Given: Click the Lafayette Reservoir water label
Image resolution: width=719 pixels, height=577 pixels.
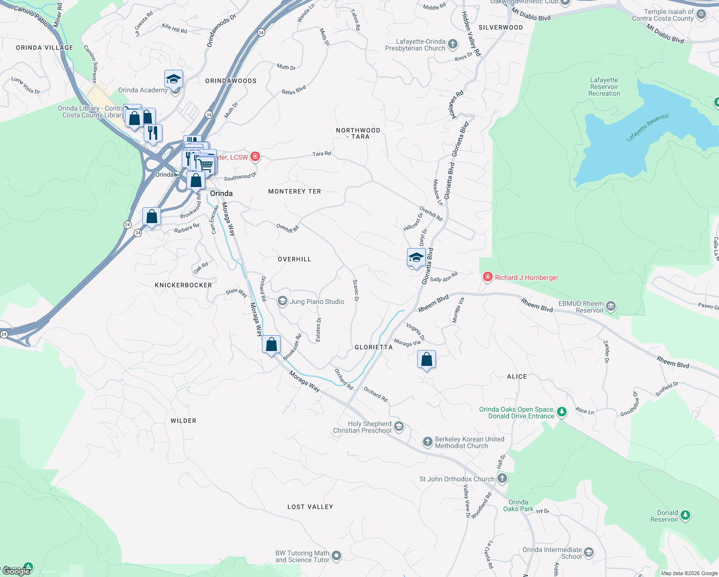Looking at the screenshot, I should (648, 127).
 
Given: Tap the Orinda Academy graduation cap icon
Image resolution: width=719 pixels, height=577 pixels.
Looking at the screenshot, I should (174, 78).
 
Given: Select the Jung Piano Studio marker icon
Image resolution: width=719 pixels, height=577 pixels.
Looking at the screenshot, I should (283, 301).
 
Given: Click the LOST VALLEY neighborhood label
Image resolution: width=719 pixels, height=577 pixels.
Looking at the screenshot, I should (310, 507).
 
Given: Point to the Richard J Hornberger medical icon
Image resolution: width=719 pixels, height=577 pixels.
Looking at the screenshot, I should (487, 277).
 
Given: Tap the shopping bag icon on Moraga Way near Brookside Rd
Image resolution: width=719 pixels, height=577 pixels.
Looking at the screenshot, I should (272, 344).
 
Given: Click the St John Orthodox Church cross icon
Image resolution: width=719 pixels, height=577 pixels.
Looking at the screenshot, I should (502, 478).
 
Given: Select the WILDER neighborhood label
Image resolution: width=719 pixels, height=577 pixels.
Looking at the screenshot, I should (183, 421).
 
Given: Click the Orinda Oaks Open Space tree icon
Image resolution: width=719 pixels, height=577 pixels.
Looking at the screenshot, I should (562, 412).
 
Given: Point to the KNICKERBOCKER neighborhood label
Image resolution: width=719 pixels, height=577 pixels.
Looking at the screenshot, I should (183, 285).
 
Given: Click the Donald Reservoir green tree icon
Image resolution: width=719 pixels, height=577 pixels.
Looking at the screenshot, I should (685, 515).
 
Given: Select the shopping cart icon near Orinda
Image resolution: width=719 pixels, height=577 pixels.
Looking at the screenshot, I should (206, 165).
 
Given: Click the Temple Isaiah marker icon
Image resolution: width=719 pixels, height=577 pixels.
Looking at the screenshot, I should (701, 14).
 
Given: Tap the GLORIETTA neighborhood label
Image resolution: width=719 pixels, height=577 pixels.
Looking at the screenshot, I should (373, 347).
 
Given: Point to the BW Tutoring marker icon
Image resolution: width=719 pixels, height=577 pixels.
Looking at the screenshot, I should (336, 556).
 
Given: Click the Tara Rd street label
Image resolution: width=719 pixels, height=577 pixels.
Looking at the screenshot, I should (322, 154).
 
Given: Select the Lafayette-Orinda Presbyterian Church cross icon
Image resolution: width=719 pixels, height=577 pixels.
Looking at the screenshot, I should (453, 45).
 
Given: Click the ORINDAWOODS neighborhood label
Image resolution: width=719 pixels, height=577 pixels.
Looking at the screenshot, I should (231, 81).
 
